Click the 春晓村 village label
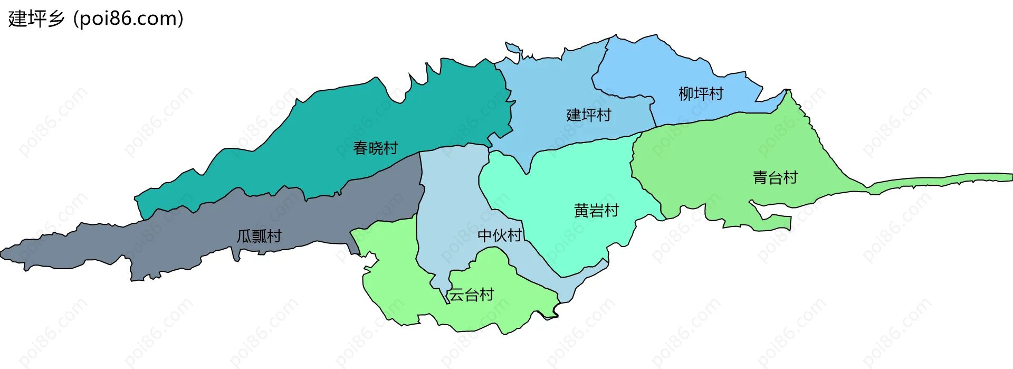[375, 148]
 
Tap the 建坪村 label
[588, 115]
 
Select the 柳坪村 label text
[701, 94]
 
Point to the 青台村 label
[775, 178]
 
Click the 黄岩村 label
[596, 211]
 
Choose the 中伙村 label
[500, 235]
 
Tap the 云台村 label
[471, 295]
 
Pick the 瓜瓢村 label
[259, 236]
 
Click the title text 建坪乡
[36, 18]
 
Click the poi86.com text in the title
[128, 18]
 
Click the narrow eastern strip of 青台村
[950, 180]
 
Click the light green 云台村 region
[401, 285]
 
